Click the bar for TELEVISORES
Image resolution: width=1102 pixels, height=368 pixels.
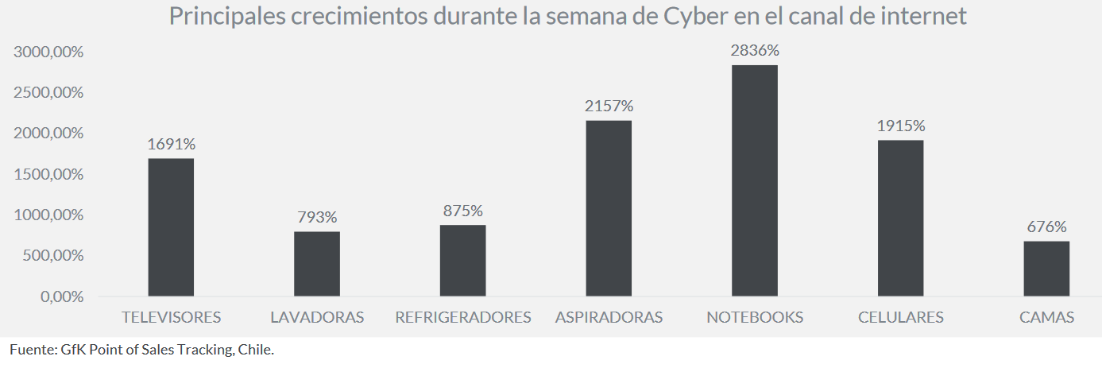point(171,227)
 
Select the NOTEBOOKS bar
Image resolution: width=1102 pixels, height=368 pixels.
point(755,180)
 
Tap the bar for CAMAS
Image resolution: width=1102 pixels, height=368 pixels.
point(1046,269)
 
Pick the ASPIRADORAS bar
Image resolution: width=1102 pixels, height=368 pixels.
point(609,208)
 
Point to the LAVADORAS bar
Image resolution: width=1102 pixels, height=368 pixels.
point(317,264)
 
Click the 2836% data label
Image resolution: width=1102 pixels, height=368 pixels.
point(755,50)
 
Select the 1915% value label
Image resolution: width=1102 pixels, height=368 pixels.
point(901,126)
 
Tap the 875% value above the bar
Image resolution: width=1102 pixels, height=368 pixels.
point(462,211)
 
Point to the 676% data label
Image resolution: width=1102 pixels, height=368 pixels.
point(1046,227)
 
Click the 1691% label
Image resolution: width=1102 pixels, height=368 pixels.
point(171,144)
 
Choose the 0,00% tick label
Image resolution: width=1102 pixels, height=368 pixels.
point(61,296)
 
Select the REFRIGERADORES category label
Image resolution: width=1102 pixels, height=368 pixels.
point(462,317)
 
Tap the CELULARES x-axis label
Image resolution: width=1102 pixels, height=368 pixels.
point(901,317)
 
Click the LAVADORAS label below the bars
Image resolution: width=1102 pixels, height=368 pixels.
point(317,317)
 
